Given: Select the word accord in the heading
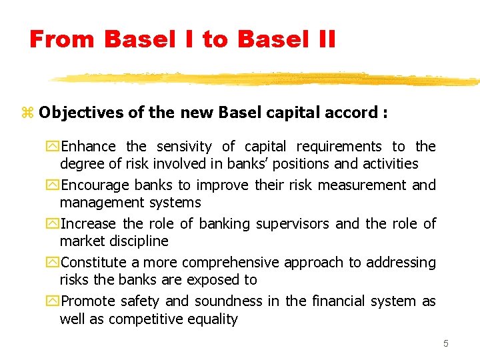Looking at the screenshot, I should pos(354,113).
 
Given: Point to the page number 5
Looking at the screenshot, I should pos(446,344).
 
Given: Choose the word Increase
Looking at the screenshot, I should pos(88,224).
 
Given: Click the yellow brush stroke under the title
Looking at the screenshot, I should pos(267,79).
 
